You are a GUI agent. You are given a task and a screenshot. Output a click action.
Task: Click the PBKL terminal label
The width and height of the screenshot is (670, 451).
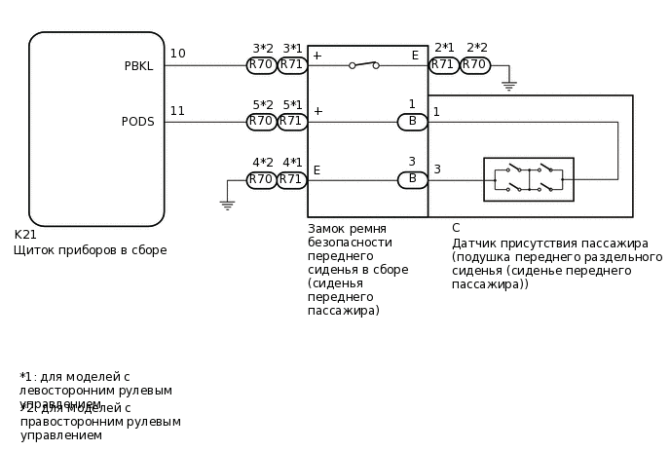[138, 66]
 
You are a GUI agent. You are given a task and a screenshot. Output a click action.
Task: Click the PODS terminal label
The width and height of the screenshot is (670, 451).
[137, 122]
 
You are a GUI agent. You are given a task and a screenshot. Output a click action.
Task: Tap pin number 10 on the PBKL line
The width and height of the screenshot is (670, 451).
[177, 54]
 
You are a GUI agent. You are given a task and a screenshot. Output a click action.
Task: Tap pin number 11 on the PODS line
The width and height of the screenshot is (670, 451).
[177, 111]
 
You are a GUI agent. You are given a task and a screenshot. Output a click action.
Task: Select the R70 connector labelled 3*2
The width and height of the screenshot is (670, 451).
[261, 65]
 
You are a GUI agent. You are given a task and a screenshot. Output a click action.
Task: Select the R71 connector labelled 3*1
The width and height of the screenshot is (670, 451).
[292, 65]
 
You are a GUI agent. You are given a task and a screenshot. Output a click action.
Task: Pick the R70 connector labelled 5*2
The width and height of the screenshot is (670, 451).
[261, 122]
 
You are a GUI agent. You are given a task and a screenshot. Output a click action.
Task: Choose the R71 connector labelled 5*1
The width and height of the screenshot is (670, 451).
[292, 122]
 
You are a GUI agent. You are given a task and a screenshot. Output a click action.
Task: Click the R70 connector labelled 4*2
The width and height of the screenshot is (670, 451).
[261, 180]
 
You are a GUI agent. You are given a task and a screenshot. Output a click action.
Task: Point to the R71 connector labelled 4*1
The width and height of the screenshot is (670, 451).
[292, 180]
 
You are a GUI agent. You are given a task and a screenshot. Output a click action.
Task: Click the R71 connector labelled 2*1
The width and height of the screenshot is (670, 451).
[444, 65]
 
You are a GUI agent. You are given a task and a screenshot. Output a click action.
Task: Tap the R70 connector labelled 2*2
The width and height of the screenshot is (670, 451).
[475, 65]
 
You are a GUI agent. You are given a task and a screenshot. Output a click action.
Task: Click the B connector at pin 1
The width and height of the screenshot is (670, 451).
[412, 122]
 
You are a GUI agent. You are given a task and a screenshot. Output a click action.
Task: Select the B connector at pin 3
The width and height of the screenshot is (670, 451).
[412, 180]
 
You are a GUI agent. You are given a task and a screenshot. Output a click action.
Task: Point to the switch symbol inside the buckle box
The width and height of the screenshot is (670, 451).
[364, 64]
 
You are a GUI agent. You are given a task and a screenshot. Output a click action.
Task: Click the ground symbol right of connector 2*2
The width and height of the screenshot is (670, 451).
[508, 87]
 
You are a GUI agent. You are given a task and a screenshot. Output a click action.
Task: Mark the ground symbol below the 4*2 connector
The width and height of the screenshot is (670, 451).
[227, 205]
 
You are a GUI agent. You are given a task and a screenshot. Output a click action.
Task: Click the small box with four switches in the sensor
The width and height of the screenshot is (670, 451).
[529, 179]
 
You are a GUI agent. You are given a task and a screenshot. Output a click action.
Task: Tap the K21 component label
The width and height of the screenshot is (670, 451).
[25, 235]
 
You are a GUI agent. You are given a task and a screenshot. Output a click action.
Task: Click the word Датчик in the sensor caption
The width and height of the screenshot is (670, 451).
[474, 244]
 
